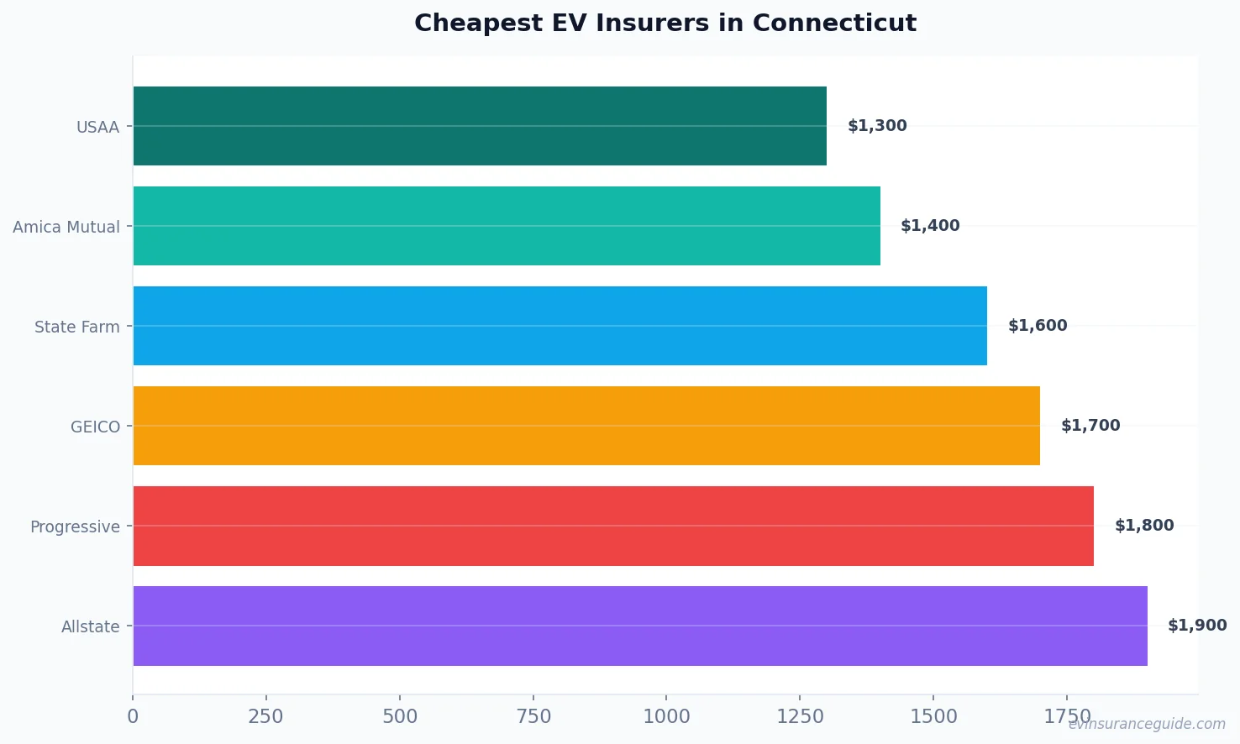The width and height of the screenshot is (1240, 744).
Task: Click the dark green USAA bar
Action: tap(480, 126)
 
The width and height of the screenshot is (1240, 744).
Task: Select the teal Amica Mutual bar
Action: tap(507, 226)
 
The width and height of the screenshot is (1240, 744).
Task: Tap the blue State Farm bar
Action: tap(560, 326)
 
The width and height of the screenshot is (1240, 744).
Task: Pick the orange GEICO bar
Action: tap(586, 426)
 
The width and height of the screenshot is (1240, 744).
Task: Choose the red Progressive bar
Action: tap(613, 526)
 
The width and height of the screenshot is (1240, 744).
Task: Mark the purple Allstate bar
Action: tap(640, 626)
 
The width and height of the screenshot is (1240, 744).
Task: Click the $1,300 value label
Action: tap(877, 126)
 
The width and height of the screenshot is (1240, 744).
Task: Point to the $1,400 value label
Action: tap(930, 226)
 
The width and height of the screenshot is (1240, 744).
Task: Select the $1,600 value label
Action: tap(1038, 326)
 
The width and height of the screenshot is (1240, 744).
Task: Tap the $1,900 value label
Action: tap(1197, 626)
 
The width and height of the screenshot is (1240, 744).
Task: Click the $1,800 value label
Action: tap(1144, 526)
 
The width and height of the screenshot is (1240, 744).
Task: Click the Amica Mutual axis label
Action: tap(66, 227)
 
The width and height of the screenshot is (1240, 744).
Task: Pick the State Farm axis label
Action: tap(77, 327)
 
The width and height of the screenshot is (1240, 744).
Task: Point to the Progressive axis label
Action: tap(75, 527)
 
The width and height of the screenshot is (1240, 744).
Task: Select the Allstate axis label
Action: tap(91, 626)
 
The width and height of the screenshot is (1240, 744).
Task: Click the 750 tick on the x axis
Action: tap(533, 716)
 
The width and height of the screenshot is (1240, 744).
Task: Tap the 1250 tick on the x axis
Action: tap(800, 716)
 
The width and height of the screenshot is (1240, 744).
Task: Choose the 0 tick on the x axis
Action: tap(133, 716)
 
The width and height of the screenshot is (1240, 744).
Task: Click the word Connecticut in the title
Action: tap(834, 23)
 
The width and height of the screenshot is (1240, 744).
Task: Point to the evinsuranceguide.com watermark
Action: tap(1147, 724)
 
